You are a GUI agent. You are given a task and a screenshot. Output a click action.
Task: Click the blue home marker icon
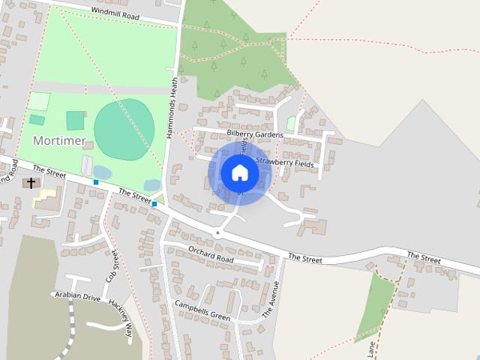239,172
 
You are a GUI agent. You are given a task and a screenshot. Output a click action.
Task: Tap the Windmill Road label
115,13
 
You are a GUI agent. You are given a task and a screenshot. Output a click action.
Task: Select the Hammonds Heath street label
172,105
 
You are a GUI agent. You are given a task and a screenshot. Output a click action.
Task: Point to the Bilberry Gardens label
255,134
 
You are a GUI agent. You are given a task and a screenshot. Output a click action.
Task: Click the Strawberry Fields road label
285,162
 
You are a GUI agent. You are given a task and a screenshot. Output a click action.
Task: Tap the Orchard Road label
211,253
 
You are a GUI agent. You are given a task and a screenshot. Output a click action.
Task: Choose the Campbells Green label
202,310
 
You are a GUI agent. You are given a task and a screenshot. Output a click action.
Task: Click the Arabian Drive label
77,296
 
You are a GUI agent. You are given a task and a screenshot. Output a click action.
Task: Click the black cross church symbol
31,182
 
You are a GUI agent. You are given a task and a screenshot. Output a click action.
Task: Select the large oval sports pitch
124,129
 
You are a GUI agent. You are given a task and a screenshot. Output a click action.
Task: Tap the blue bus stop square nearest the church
96,182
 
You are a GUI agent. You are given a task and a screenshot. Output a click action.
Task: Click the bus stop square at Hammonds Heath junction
154,203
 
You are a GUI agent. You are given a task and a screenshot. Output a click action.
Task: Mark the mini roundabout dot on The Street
217,233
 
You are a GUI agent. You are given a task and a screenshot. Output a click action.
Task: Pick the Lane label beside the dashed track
371,349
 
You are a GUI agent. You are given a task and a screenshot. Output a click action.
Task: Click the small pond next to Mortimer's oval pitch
102,172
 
